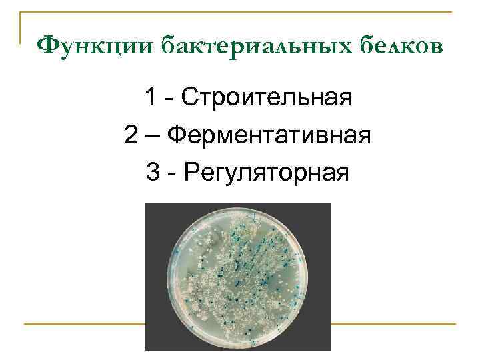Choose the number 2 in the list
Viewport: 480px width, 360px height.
pyautogui.click(x=131, y=137)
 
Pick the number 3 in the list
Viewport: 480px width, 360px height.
pyautogui.click(x=153, y=173)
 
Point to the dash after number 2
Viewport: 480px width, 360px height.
pyautogui.click(x=153, y=137)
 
